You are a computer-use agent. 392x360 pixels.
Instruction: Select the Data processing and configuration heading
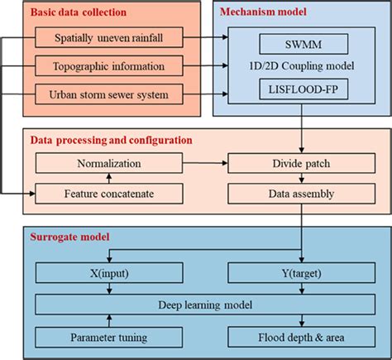112,142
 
